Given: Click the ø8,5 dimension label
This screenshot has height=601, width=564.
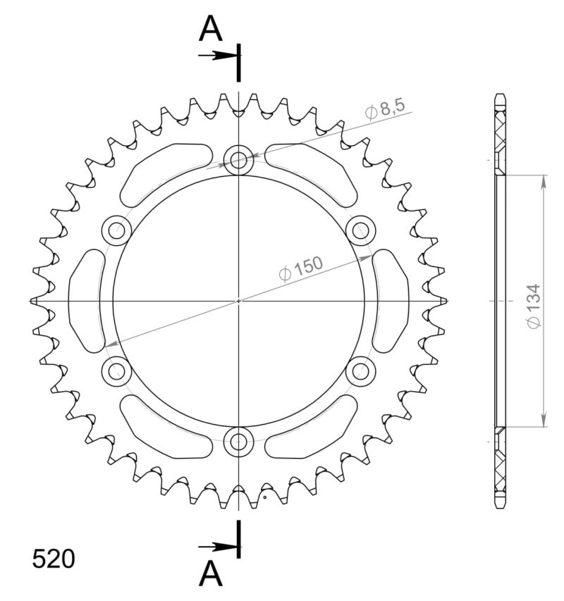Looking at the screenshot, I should coord(385,109).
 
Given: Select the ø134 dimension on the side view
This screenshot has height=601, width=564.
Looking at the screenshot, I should coord(534,306).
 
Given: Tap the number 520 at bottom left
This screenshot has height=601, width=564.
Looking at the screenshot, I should coord(54,559).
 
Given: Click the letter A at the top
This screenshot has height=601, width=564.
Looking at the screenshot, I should coord(210,30).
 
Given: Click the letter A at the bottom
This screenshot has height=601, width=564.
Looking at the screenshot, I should coord(210,574).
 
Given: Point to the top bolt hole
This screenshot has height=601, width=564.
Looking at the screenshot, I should coord(239,160).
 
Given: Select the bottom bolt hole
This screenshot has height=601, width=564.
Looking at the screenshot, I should coord(239,442).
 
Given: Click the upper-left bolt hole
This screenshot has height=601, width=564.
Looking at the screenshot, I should coord(117,228).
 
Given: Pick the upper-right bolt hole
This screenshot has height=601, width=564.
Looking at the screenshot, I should coord(361,228).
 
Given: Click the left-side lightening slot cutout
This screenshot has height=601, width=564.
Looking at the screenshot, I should coord(85,300).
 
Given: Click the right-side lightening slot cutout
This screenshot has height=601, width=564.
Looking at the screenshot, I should coord(391,300).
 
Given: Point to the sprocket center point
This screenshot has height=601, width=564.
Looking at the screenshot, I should coord(239,300).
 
